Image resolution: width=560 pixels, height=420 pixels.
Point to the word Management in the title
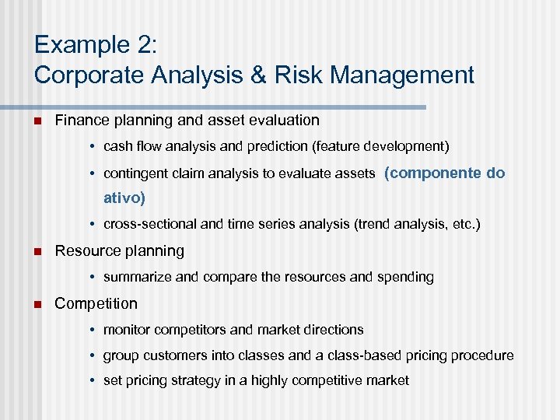393,75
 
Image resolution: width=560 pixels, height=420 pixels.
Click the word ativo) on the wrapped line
124,198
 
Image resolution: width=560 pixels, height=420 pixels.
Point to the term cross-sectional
150,224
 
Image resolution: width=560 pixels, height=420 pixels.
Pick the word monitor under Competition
127,330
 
